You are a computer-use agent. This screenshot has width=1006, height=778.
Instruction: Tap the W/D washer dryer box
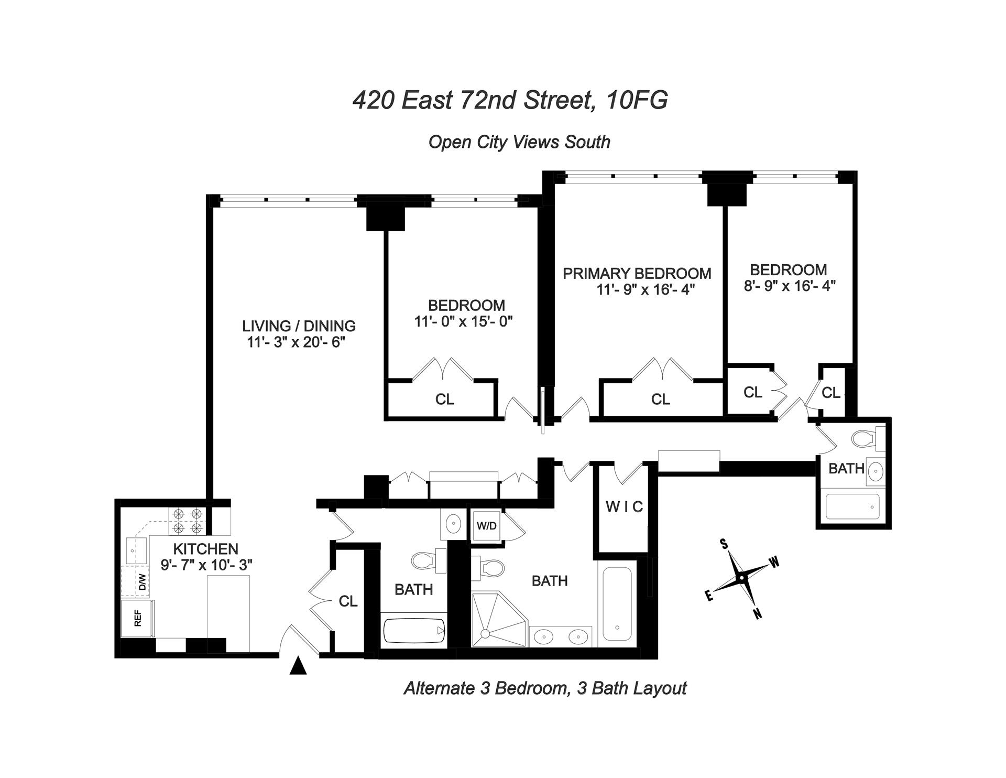(x=486, y=526)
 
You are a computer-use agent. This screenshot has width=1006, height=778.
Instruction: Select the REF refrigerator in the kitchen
(x=138, y=619)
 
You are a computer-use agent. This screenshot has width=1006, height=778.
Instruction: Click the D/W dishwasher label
(x=142, y=582)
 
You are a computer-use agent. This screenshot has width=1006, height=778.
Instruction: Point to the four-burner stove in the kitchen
(x=188, y=521)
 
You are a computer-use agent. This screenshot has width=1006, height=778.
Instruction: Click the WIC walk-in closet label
(x=624, y=507)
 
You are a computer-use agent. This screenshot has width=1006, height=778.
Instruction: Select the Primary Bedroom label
(x=637, y=273)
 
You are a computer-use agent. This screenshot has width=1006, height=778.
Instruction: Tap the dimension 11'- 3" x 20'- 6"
(x=297, y=343)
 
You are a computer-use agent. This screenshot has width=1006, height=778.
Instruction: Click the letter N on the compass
(x=757, y=614)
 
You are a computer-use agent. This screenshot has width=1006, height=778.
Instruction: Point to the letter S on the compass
(x=725, y=544)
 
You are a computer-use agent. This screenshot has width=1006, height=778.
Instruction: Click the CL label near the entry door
(x=348, y=601)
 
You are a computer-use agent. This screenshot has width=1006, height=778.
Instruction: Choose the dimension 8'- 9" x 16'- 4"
(x=789, y=286)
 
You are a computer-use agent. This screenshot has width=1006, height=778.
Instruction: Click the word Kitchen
(x=205, y=549)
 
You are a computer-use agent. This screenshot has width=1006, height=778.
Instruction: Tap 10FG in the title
(x=636, y=100)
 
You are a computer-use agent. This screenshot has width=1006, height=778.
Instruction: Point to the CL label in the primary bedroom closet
(x=660, y=399)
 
